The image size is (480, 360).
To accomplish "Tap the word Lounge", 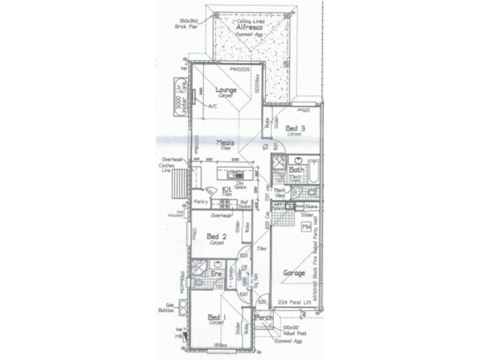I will click(x=226, y=91).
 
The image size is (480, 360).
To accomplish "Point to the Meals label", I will click(x=226, y=143).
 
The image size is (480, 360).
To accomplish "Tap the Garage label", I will click(x=295, y=273).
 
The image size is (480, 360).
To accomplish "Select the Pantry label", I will click(x=200, y=202).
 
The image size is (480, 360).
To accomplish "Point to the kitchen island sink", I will click(x=231, y=175).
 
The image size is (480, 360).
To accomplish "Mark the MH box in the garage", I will click(x=306, y=227).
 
